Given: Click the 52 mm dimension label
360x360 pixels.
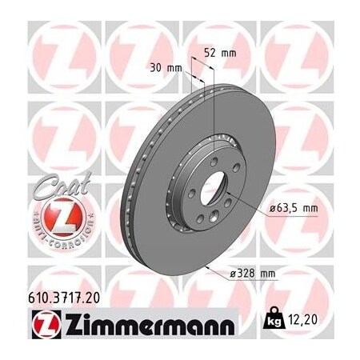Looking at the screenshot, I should click(x=220, y=54).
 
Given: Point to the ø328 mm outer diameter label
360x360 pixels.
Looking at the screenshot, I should click(x=253, y=274).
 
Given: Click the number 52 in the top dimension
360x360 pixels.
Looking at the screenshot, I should click(x=211, y=54).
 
